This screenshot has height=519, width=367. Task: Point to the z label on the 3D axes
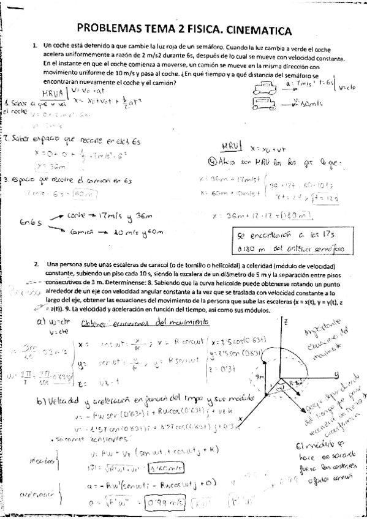(285, 320)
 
